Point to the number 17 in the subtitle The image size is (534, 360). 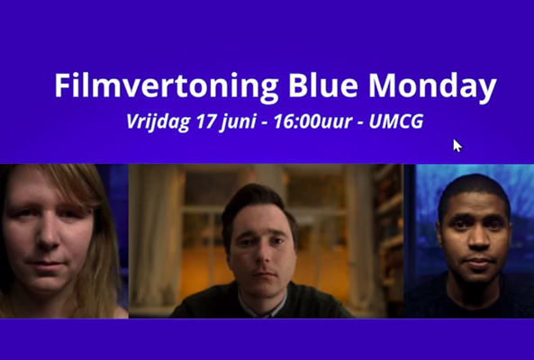[x=207, y=121]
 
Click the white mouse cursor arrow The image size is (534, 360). [x=457, y=145]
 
